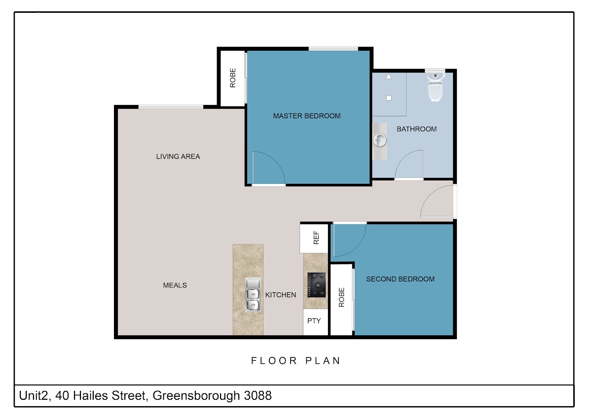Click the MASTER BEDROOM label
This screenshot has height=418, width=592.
pos(306,116)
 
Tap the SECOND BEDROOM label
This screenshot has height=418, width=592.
pos(400,279)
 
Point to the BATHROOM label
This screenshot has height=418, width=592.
pos(416,129)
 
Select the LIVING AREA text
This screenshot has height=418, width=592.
pos(178,157)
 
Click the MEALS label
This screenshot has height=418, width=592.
pos(175,285)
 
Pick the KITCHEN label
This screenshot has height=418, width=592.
pos(280,295)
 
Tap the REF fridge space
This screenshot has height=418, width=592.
pos(314,238)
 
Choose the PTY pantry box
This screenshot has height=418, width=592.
pos(316,322)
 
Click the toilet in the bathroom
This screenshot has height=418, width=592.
pos(435,87)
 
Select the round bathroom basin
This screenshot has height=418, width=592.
pos(380,140)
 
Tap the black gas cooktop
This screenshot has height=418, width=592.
pos(316,285)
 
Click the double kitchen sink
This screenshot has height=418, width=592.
pos(253,294)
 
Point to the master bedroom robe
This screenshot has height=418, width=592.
pos(232,78)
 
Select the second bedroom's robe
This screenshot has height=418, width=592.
pos(341,300)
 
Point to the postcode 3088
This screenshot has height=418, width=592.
pos(258,395)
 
